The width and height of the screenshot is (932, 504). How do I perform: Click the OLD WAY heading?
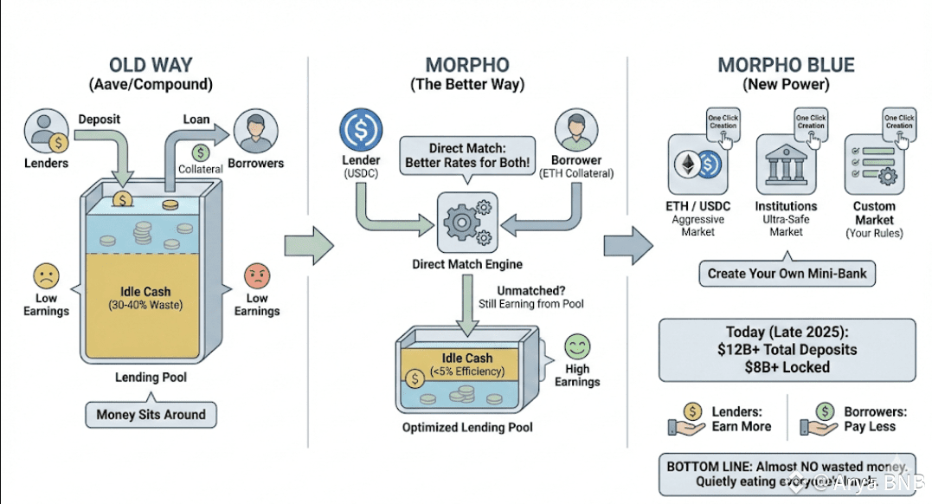click(x=151, y=66)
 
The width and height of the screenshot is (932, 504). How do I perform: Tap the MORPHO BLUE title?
click(x=786, y=66)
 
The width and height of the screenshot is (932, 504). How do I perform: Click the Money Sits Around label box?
click(x=151, y=415)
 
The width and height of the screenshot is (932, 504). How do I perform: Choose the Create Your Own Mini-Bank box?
click(x=787, y=273)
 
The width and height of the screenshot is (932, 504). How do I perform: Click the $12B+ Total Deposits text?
click(x=787, y=350)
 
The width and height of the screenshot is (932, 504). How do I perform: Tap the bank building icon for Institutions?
click(x=785, y=164)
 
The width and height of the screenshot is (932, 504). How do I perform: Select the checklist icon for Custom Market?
click(x=874, y=164)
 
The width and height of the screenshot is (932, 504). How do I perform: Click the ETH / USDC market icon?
click(x=697, y=164)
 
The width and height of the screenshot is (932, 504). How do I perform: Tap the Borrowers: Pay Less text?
click(x=869, y=419)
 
